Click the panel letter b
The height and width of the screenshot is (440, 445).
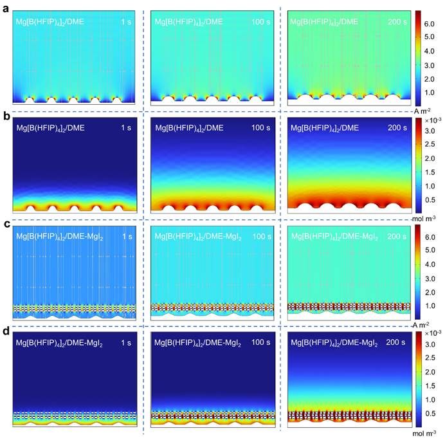(5, 117)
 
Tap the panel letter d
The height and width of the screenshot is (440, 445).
(5, 331)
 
